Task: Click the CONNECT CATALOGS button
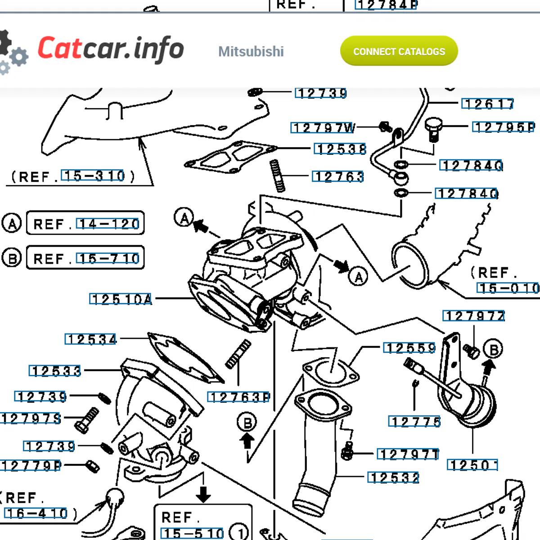point(399,51)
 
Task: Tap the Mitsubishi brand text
point(251,51)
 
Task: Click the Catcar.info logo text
point(111,49)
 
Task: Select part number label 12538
point(341,149)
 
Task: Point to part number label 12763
point(338,176)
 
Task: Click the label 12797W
point(323,128)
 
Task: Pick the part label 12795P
point(504,127)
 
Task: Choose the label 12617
point(488,104)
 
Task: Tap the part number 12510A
point(121,299)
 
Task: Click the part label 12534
point(91,339)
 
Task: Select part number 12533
point(55,371)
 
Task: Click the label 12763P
point(239,397)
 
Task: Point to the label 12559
point(409,348)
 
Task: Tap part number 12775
point(414,422)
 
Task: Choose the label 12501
point(472,465)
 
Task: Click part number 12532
point(393,477)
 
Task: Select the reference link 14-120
point(108,224)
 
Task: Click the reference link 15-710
point(108,259)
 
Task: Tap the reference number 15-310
point(93,176)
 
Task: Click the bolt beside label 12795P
point(433,129)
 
